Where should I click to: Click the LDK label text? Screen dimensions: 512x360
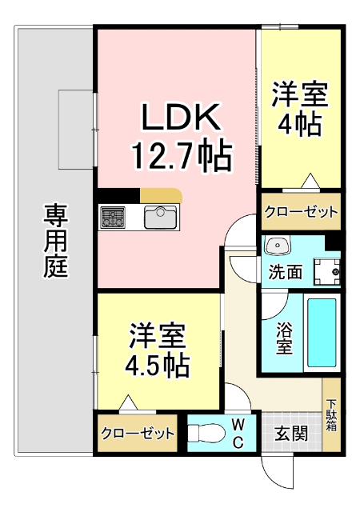click(x=181, y=118)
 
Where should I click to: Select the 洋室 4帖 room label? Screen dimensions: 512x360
click(x=299, y=110)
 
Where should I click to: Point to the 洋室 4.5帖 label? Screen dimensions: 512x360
click(x=158, y=350)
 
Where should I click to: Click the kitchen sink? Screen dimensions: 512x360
click(x=159, y=217)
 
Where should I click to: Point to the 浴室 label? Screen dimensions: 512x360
click(x=284, y=338)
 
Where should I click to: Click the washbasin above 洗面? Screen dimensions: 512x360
click(x=279, y=245)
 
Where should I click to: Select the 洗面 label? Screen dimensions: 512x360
click(x=285, y=272)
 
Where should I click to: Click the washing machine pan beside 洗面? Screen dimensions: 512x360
click(x=326, y=270)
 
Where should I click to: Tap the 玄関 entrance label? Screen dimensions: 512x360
click(x=291, y=434)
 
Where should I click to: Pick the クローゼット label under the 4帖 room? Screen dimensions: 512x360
click(x=301, y=213)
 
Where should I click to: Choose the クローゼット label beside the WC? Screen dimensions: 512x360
click(x=138, y=434)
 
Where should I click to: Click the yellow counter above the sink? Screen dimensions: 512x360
click(x=162, y=195)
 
